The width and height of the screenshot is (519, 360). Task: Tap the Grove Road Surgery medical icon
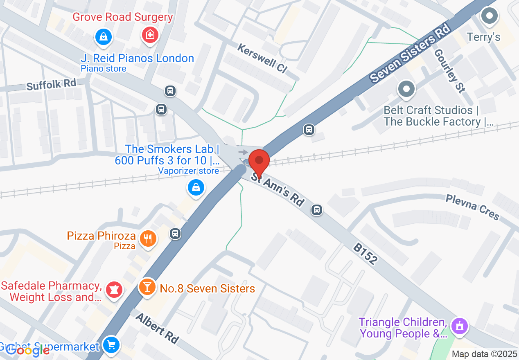click(x=150, y=35)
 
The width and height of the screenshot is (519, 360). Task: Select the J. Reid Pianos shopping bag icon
click(x=104, y=37)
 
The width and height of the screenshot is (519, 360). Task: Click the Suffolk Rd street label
click(x=51, y=85)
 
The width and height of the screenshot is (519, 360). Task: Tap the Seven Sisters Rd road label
click(x=409, y=53)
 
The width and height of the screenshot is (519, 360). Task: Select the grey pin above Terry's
click(x=489, y=17)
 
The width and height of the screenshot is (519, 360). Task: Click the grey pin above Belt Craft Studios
click(x=406, y=89)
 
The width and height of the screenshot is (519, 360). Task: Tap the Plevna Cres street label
click(x=473, y=207)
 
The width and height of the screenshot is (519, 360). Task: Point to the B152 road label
click(x=365, y=254)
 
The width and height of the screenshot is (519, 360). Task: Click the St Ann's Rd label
click(x=278, y=191)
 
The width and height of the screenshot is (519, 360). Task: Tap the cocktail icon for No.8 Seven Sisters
click(x=147, y=286)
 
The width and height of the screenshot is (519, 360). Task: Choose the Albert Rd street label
click(x=157, y=328)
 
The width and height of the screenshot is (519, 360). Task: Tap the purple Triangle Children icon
click(x=459, y=326)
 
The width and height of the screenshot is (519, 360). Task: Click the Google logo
click(x=27, y=350)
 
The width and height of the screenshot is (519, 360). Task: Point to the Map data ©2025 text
click(x=484, y=354)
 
